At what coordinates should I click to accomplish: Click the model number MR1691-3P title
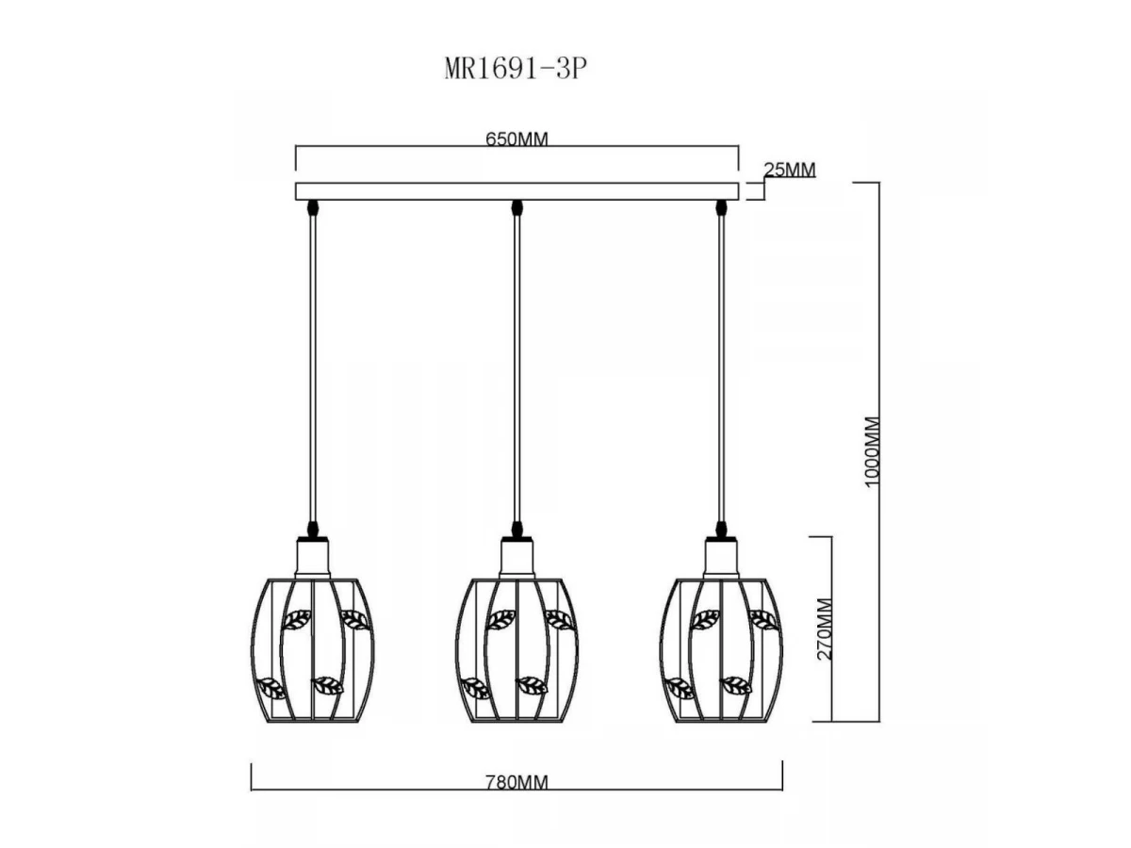516,69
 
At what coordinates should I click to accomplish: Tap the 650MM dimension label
516,139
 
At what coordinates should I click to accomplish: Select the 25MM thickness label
790,170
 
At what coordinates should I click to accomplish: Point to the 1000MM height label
871,451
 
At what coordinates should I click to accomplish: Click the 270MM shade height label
825,629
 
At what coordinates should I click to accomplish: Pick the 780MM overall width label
516,782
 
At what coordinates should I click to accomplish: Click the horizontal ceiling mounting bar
516,191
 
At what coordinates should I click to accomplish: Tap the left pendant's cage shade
312,651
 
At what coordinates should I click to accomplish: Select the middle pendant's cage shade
516,651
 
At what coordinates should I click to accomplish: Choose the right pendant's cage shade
721,651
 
